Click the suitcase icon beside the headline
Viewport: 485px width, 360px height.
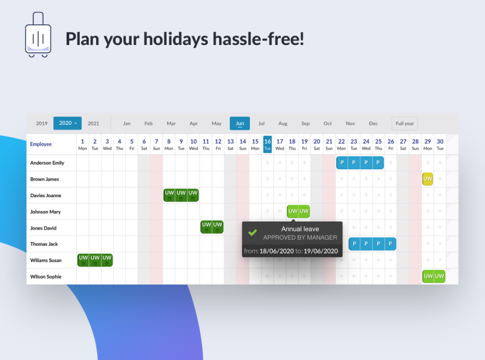(38, 35)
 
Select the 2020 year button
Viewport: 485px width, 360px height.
(67, 123)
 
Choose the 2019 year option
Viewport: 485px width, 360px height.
(42, 123)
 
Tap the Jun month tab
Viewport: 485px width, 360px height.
(239, 123)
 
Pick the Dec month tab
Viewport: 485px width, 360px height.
(373, 123)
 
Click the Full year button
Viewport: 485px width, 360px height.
(405, 123)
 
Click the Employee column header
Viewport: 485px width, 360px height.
(41, 144)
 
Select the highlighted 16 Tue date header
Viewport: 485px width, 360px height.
(268, 144)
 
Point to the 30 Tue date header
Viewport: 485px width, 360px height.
(440, 144)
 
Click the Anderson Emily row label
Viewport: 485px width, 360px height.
(47, 163)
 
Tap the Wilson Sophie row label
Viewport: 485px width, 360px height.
(46, 277)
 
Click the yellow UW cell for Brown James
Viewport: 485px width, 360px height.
(428, 179)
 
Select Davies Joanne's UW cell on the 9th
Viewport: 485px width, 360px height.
(181, 195)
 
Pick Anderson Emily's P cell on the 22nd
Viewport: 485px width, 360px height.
(342, 163)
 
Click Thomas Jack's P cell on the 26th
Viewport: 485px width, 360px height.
(391, 244)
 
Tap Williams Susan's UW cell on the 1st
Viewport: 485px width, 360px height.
(83, 260)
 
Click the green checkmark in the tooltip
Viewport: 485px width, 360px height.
(253, 233)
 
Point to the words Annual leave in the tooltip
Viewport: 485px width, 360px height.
(300, 229)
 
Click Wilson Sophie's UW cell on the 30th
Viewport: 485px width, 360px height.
(440, 277)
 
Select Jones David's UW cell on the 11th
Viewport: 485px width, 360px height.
(206, 227)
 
